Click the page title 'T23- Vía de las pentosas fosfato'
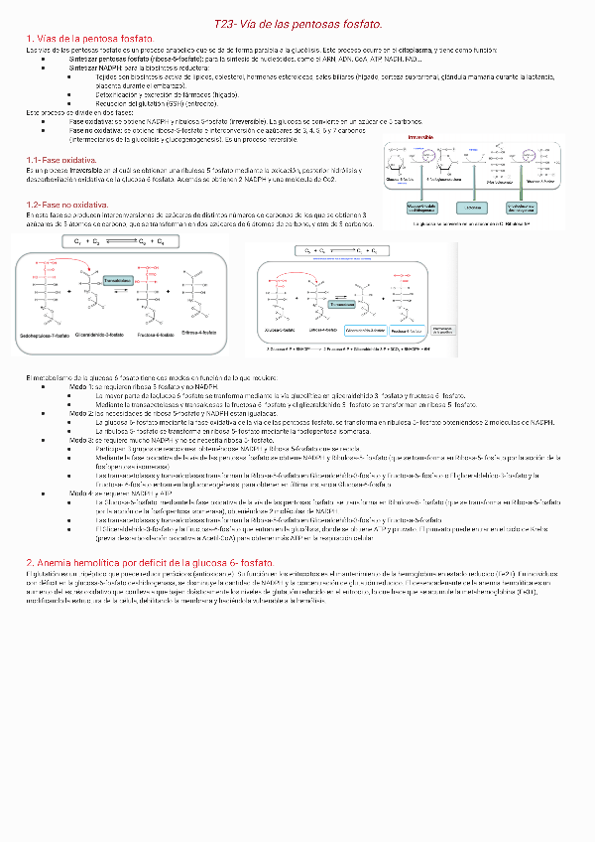point(298,23)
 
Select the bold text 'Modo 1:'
point(83,385)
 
